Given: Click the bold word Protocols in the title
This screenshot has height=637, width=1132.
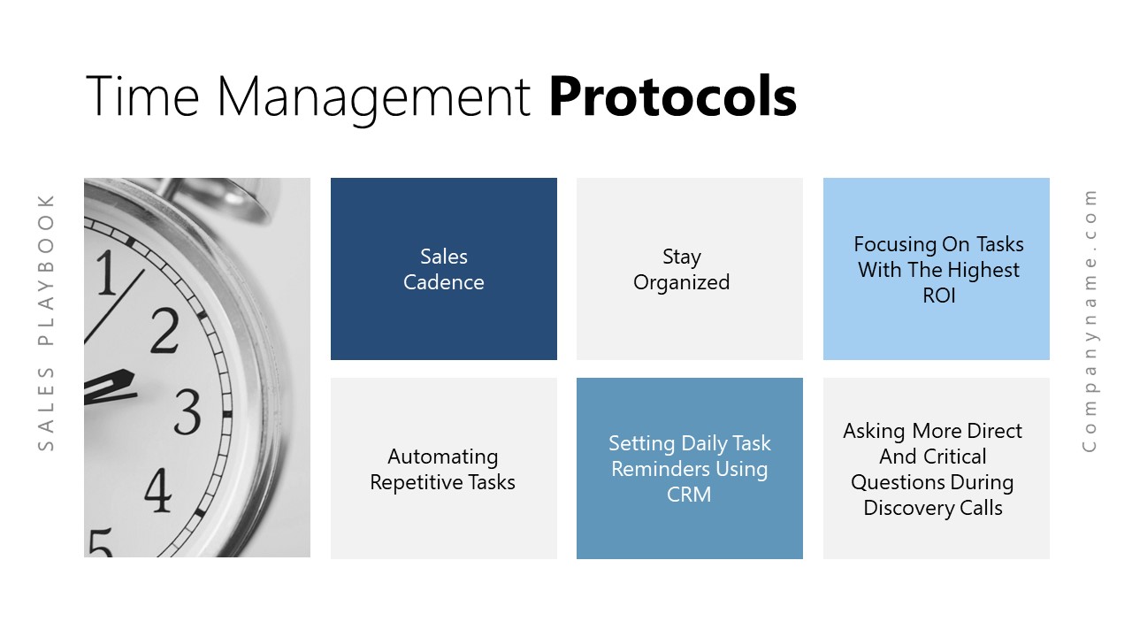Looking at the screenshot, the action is (673, 96).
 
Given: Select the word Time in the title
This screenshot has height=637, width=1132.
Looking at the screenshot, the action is (142, 96).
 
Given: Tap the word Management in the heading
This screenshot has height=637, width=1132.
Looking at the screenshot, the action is (374, 98).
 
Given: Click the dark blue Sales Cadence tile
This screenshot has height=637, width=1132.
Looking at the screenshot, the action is (444, 268).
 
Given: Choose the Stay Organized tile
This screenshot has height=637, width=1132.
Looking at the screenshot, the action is (689, 268).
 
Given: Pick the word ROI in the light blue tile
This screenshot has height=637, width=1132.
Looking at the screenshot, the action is (939, 295).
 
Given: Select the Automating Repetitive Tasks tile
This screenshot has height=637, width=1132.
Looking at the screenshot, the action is (444, 468).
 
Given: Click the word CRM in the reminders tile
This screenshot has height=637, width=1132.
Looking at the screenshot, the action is (689, 495).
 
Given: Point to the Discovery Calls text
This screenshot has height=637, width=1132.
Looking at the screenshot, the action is (933, 508).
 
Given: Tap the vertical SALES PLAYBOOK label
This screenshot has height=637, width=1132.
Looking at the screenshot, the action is (45, 323).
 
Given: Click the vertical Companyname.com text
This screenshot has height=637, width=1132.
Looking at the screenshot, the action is (1089, 321).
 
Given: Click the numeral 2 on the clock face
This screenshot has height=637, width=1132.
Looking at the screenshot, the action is (165, 330).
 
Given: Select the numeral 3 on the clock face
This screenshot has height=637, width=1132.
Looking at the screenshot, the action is (187, 412).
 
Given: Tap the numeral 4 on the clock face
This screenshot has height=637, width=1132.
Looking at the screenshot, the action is (157, 489).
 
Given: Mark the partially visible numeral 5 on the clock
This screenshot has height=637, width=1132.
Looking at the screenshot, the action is (100, 543).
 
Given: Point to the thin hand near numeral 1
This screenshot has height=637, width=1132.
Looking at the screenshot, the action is (114, 307).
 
